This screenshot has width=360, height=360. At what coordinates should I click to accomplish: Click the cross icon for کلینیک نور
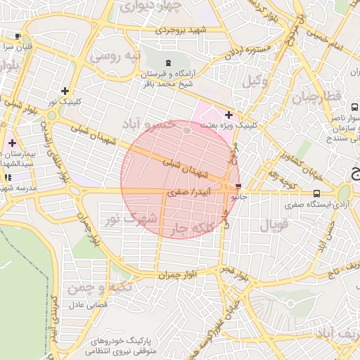[x=65, y=91]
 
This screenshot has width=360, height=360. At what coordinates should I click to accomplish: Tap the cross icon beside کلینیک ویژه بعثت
[x=229, y=115]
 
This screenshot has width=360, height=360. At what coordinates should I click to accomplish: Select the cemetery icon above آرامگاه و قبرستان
[x=168, y=63]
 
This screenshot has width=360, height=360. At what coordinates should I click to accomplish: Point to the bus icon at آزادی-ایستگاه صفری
[x=316, y=193]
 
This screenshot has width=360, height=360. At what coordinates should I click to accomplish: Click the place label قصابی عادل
[x=87, y=306]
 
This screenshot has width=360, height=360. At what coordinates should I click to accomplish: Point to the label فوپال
[x=275, y=226]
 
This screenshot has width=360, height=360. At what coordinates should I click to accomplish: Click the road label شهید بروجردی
[x=181, y=30]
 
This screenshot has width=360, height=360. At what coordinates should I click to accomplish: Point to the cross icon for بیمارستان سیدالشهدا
[x=12, y=143]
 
